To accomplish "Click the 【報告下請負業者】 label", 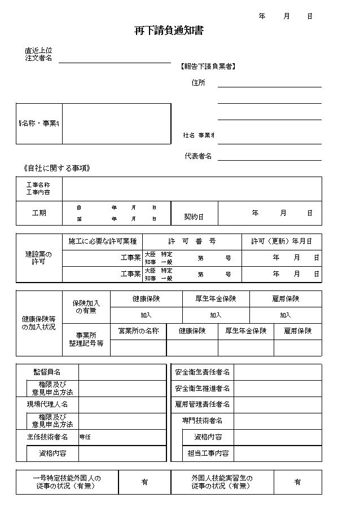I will click(208, 67).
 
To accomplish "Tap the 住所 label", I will click(198, 83).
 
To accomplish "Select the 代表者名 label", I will click(198, 156).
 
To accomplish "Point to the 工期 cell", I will click(39, 213).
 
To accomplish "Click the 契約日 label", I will click(194, 217).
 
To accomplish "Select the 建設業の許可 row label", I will click(38, 258).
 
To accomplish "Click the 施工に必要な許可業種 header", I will click(102, 241).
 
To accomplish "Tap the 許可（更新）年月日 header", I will click(281, 241).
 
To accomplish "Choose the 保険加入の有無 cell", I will click(86, 307).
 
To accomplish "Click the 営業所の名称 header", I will click(138, 331).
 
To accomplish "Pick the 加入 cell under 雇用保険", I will click(286, 315).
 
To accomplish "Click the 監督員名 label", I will click(47, 372).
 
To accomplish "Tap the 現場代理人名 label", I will click(47, 404).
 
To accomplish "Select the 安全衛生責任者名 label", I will click(203, 372).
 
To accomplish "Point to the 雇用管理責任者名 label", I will click(203, 404).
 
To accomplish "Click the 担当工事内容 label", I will click(208, 453).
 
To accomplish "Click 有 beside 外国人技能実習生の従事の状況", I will click(297, 482).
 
